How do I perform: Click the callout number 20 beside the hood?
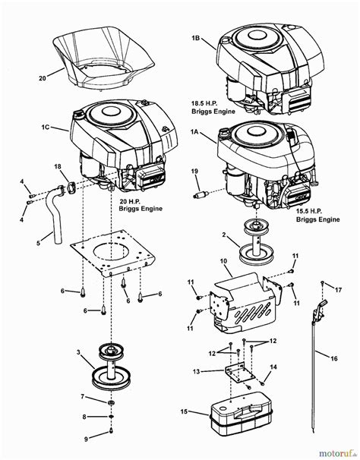(x=43, y=78)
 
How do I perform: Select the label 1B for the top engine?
(x=195, y=38)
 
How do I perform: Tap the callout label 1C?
(x=46, y=128)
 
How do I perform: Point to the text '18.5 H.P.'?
(x=204, y=103)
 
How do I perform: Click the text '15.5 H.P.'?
(x=309, y=211)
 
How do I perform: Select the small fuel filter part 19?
(x=201, y=194)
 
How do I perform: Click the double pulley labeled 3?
(x=111, y=367)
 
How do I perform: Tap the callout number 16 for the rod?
(x=334, y=358)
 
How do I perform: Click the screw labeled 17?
(x=323, y=283)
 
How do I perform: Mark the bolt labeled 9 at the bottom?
(x=111, y=430)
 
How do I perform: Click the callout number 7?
(x=83, y=397)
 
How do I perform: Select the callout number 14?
(x=273, y=367)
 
